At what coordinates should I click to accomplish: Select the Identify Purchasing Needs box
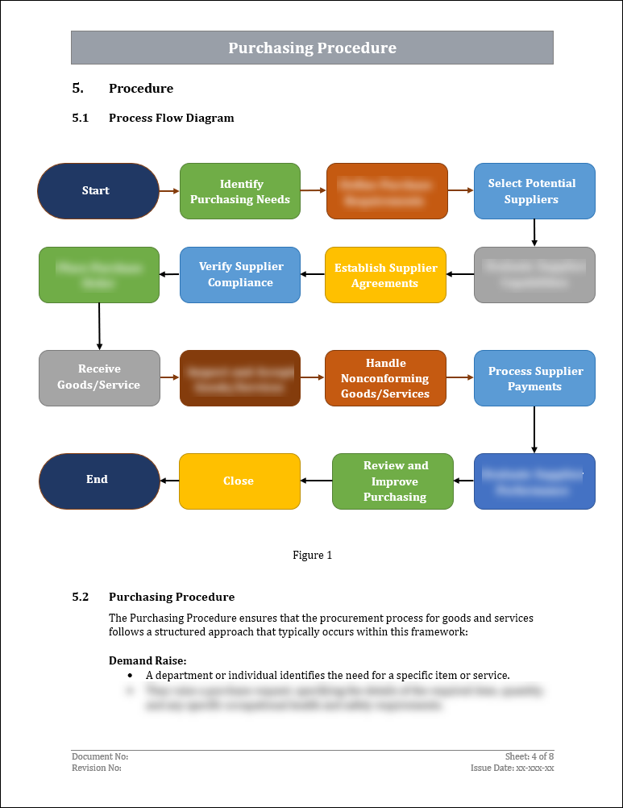point(239,191)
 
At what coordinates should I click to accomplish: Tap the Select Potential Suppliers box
point(534,191)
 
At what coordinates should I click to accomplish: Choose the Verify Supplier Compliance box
point(239,275)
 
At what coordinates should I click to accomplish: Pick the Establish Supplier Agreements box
point(385,275)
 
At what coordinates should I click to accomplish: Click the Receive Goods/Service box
point(98,377)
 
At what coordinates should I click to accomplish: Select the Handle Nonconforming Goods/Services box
point(385,378)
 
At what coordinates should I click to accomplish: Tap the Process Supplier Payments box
point(534,378)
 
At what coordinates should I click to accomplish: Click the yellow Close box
point(239,481)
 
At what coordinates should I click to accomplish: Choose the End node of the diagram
point(98,481)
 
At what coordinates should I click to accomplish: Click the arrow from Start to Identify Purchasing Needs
point(169,191)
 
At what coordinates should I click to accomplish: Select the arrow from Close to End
point(169,481)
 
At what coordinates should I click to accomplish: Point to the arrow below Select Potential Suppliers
point(534,232)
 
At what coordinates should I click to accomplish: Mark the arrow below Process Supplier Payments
point(534,429)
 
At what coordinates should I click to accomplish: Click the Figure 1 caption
point(312,555)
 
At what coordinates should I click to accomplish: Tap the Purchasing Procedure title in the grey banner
point(312,48)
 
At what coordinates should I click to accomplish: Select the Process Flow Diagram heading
point(171,118)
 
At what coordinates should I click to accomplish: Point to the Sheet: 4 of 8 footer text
point(530,756)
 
